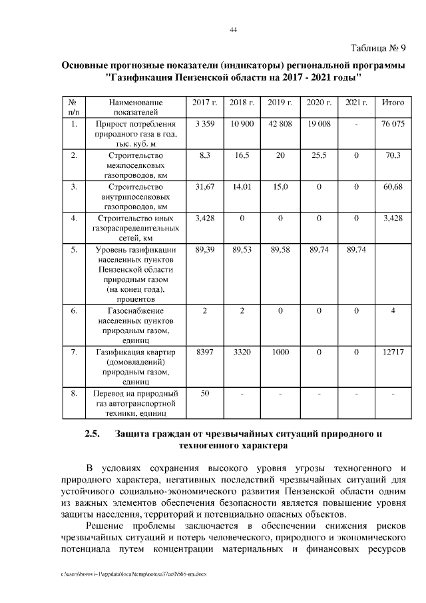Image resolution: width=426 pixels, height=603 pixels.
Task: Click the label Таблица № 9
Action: (x=377, y=48)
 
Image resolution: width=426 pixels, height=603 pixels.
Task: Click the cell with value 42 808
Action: (x=280, y=124)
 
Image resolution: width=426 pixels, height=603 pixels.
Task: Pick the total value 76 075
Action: (x=393, y=124)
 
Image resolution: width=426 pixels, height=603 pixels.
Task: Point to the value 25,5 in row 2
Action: (x=319, y=155)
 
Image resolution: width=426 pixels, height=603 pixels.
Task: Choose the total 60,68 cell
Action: (x=393, y=187)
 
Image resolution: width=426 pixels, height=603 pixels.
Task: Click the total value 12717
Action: (x=393, y=351)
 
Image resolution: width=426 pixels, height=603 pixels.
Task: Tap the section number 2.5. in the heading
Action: (x=93, y=434)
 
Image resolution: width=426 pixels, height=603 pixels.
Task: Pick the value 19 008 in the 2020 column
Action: (x=319, y=124)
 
